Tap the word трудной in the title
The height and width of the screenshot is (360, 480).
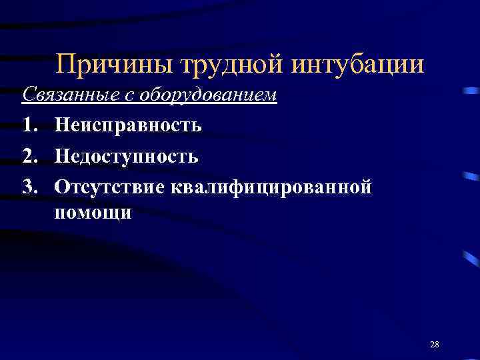[221, 65]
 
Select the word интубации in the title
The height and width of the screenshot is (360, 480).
[358, 65]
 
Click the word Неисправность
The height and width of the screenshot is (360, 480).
[128, 125]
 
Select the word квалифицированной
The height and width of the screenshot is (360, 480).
[271, 187]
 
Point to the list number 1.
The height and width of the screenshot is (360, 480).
[29, 125]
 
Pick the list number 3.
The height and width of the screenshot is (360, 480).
[29, 187]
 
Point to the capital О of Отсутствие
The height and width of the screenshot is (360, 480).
[62, 187]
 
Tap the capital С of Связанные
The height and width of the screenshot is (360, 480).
[28, 95]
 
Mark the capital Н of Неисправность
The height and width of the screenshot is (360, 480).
[62, 125]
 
